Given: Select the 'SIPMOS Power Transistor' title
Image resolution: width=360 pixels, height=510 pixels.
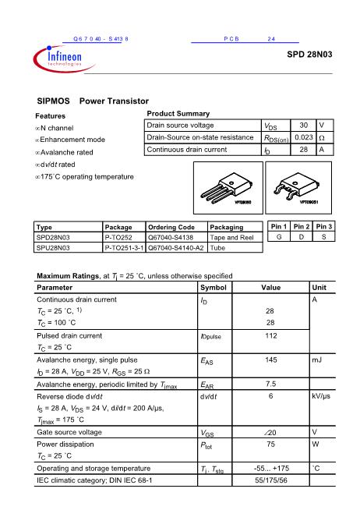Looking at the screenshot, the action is pyautogui.click(x=93, y=101).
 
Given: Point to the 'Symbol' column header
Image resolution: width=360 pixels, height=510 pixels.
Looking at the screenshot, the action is pyautogui.click(x=214, y=288).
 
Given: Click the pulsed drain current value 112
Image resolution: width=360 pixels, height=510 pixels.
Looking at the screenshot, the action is pyautogui.click(x=271, y=335).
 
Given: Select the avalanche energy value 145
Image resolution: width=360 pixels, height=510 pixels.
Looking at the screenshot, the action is pyautogui.click(x=271, y=360).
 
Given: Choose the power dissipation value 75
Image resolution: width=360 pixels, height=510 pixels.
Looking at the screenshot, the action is pyautogui.click(x=271, y=444).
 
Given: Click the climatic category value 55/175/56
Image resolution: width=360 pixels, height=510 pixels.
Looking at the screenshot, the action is pyautogui.click(x=271, y=480).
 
